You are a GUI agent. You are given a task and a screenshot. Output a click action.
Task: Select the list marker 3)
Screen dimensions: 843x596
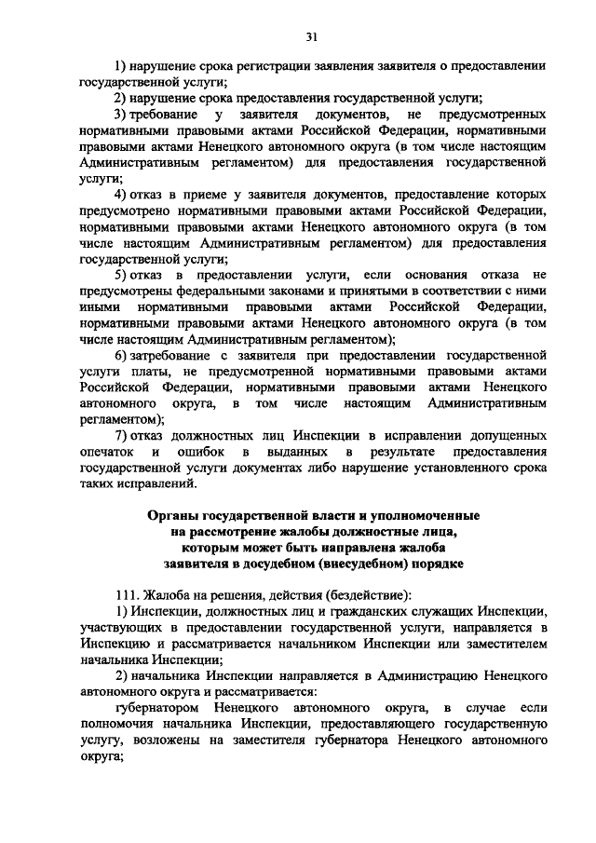pyautogui.click(x=121, y=114)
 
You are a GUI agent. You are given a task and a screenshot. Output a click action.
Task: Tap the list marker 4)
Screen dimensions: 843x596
pyautogui.click(x=121, y=194)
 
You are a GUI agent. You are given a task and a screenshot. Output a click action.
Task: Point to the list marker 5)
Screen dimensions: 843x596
pyautogui.click(x=121, y=275)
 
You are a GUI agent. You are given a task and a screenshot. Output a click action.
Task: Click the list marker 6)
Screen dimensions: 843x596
pyautogui.click(x=121, y=356)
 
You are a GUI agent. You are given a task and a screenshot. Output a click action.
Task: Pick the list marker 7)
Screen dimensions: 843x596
pyautogui.click(x=121, y=436)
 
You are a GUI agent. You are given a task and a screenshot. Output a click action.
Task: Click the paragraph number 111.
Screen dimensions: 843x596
pyautogui.click(x=126, y=595)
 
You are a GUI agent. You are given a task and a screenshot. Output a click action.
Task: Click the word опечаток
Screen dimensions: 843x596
pyautogui.click(x=107, y=452)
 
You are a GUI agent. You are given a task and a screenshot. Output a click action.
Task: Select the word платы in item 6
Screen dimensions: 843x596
pyautogui.click(x=143, y=372)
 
